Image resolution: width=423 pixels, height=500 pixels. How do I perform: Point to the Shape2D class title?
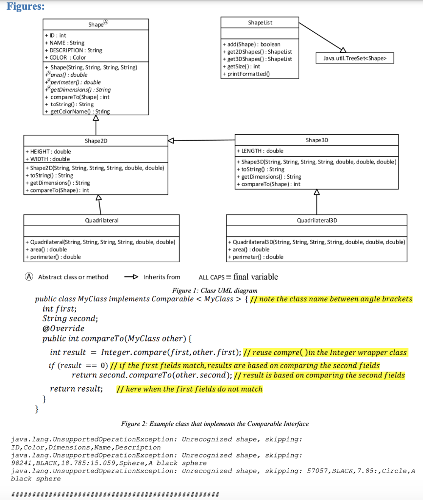(96, 141)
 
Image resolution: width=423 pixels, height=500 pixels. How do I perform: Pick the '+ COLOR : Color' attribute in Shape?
(65, 57)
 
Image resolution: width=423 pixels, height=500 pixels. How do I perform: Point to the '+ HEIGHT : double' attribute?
(48, 152)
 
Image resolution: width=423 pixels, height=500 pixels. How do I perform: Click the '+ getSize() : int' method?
(241, 66)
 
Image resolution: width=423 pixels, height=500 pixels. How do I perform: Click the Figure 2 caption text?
(215, 423)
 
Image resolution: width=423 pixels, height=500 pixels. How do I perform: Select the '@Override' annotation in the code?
(63, 329)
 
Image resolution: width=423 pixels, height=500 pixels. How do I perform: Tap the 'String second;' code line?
(70, 318)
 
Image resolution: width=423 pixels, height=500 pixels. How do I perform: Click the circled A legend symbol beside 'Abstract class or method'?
(30, 277)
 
